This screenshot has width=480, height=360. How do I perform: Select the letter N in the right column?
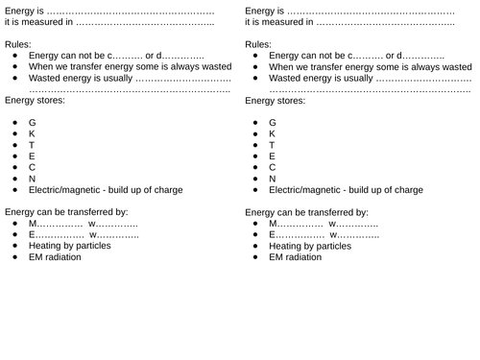coord(273,179)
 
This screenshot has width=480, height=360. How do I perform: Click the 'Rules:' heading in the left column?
coord(18,44)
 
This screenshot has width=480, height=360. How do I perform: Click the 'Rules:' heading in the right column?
coord(259,44)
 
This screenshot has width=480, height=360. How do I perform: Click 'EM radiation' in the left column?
coord(55,257)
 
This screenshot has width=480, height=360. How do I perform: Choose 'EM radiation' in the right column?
coord(296,257)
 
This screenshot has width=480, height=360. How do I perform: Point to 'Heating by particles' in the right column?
coord(311,246)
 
